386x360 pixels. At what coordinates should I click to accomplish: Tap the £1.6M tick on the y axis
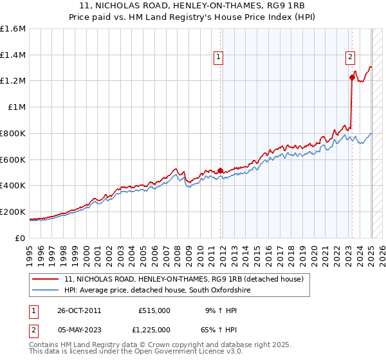click(x=14, y=29)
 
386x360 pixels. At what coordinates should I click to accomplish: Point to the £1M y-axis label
click(x=17, y=107)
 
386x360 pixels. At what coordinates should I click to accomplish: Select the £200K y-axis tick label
click(x=13, y=212)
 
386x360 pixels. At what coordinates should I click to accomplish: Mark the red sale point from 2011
click(x=220, y=170)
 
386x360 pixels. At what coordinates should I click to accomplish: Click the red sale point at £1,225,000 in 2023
click(x=352, y=78)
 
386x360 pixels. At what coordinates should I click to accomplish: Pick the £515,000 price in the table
click(x=154, y=310)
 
